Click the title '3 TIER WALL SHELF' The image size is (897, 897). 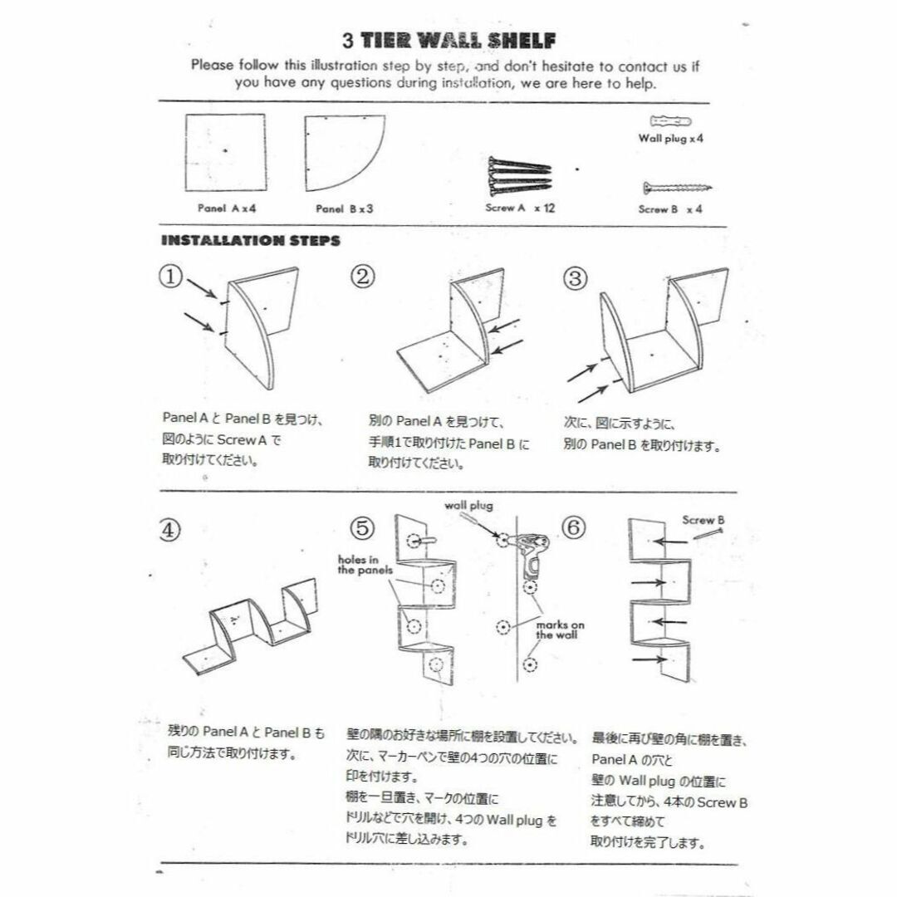click(449, 40)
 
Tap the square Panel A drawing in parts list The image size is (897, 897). click(224, 153)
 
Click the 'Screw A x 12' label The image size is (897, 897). click(519, 208)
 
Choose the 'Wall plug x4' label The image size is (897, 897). click(670, 140)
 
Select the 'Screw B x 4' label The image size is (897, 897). click(670, 209)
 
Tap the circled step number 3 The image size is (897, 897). click(575, 277)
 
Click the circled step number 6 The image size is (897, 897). click(575, 527)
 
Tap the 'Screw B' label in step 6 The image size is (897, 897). click(703, 520)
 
